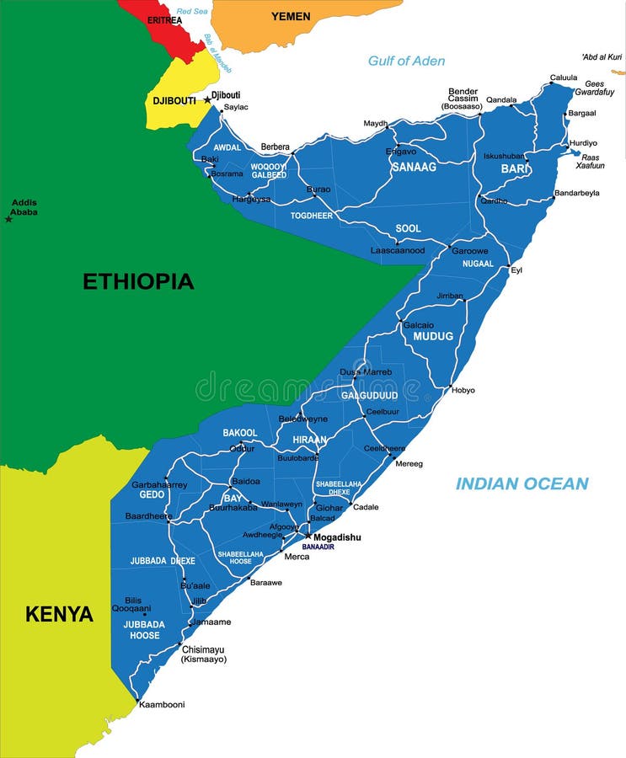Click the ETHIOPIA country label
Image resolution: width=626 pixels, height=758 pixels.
[138, 281]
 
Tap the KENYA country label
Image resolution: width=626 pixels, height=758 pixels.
[59, 614]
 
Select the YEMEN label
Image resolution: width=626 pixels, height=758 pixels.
[291, 17]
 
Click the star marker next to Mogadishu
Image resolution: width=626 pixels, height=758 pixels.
[308, 536]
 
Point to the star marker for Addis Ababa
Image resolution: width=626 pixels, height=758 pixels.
[8, 219]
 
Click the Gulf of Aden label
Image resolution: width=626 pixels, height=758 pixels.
[406, 61]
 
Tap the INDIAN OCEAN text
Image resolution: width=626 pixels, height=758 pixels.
[522, 483]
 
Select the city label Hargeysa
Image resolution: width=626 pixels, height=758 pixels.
[251, 200]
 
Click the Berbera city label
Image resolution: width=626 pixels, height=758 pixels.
[275, 147]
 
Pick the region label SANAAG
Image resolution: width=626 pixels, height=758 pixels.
[414, 168]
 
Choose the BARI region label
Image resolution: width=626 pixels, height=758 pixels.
[514, 169]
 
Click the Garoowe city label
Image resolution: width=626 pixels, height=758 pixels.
[470, 251]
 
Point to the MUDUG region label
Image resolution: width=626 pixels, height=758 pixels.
[433, 336]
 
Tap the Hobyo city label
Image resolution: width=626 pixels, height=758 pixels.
[463, 390]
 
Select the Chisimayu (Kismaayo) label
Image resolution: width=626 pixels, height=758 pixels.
[204, 654]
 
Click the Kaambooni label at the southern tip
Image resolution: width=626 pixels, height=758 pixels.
[162, 704]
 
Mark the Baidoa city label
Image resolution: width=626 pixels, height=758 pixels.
[245, 481]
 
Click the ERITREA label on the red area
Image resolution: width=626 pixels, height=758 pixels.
[164, 19]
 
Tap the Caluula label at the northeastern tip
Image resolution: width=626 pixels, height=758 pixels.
[564, 78]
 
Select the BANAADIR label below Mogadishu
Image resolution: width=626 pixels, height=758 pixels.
[318, 547]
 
